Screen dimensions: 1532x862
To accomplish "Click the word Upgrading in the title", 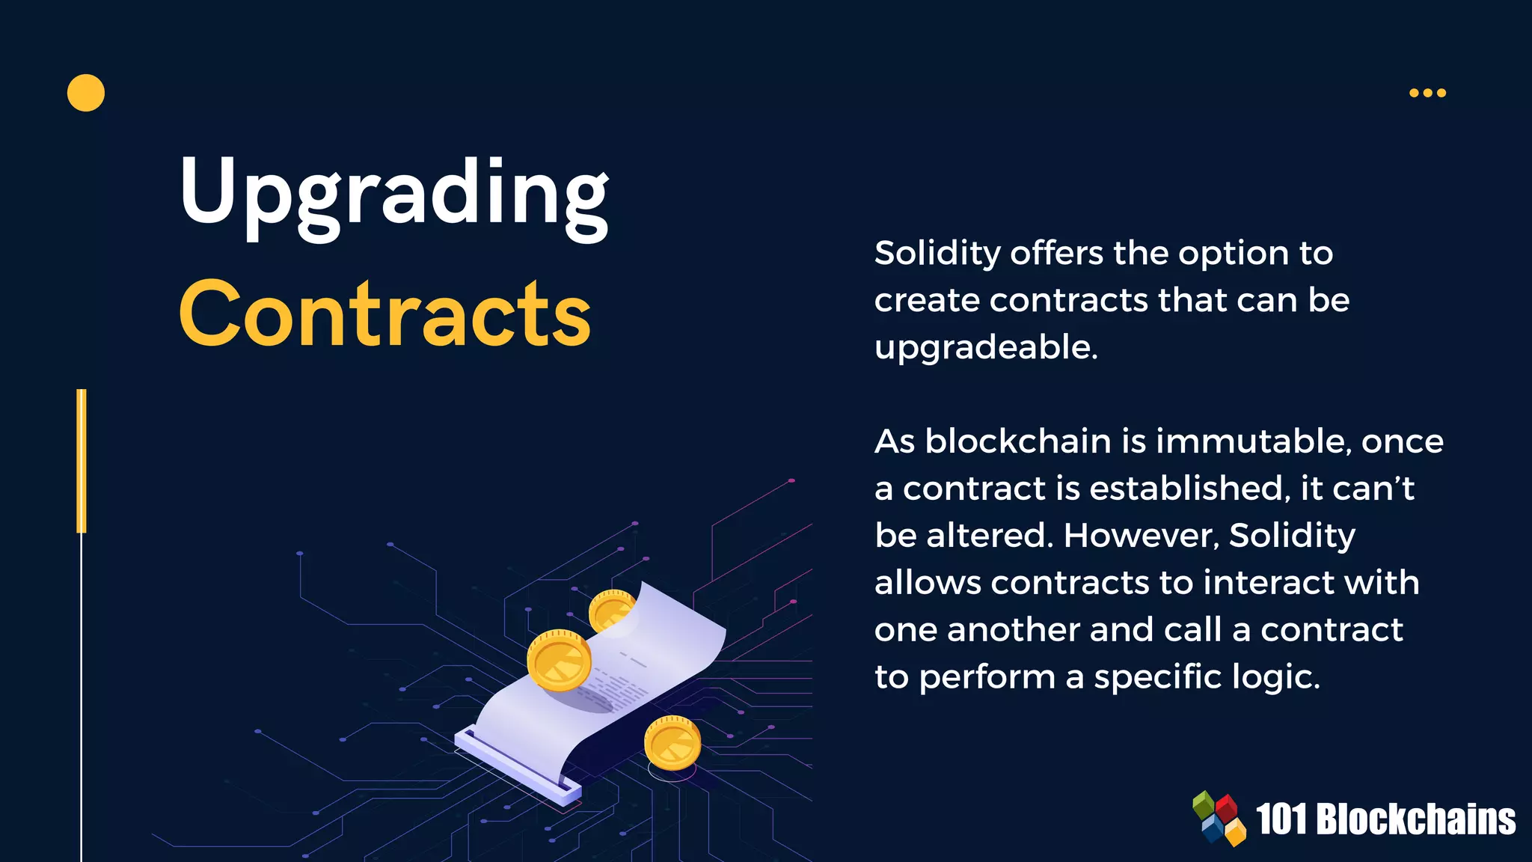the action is click(394, 193).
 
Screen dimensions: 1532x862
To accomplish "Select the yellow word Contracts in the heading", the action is click(385, 314).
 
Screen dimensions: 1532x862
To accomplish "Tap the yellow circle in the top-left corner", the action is click(86, 93).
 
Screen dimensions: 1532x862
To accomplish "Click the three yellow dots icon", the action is click(1427, 93).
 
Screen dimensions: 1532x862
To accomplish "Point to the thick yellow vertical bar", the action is click(82, 461).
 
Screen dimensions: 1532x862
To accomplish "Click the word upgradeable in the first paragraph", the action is click(985, 348).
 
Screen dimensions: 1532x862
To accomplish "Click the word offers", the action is click(1056, 253).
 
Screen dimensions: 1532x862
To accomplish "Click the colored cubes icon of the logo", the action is click(1219, 819).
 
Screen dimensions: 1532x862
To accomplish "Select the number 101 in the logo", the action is click(1281, 819).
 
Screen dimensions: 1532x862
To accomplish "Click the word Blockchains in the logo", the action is click(1415, 819).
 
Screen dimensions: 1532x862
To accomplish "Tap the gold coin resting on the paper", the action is click(559, 659).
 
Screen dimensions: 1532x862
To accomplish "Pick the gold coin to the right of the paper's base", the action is click(672, 742).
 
